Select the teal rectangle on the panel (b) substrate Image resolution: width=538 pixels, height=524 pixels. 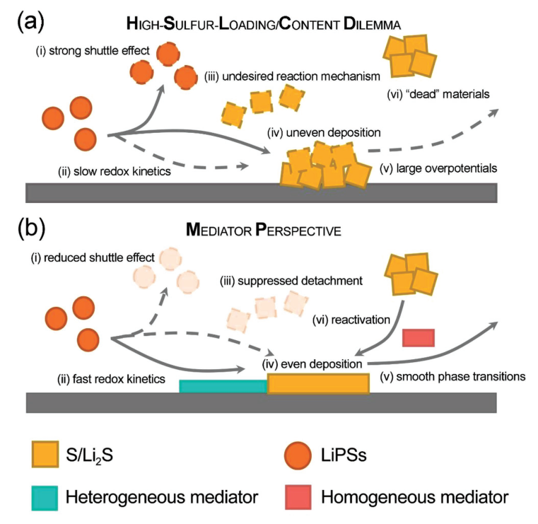coord(223,385)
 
